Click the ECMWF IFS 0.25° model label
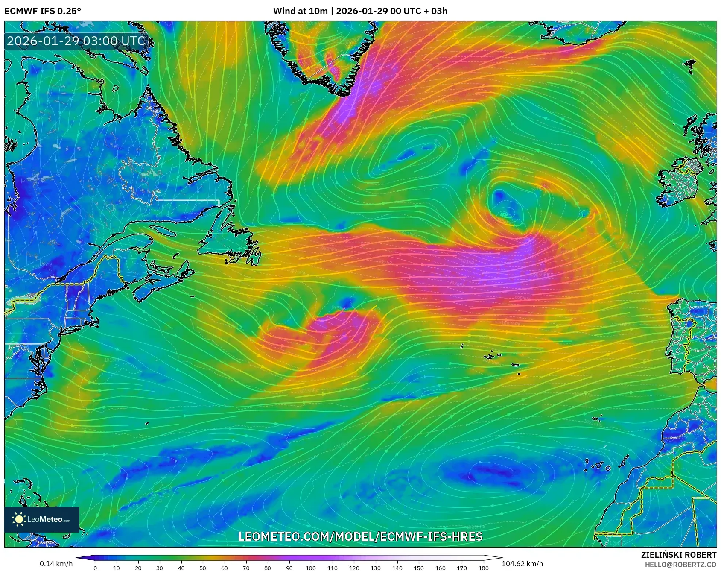click(x=43, y=11)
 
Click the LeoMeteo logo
click(x=42, y=519)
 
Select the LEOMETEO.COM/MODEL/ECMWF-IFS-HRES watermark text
click(x=360, y=536)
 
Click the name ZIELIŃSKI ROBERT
click(x=678, y=555)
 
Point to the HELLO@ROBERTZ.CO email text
click(x=680, y=565)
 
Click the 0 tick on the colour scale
click(x=95, y=568)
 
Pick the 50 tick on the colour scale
click(x=203, y=568)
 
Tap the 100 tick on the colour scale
click(x=311, y=568)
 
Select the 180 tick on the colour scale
click(x=483, y=568)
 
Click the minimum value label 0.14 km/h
click(x=56, y=564)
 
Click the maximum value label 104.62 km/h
click(x=522, y=564)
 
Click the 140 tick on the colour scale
click(x=397, y=568)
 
